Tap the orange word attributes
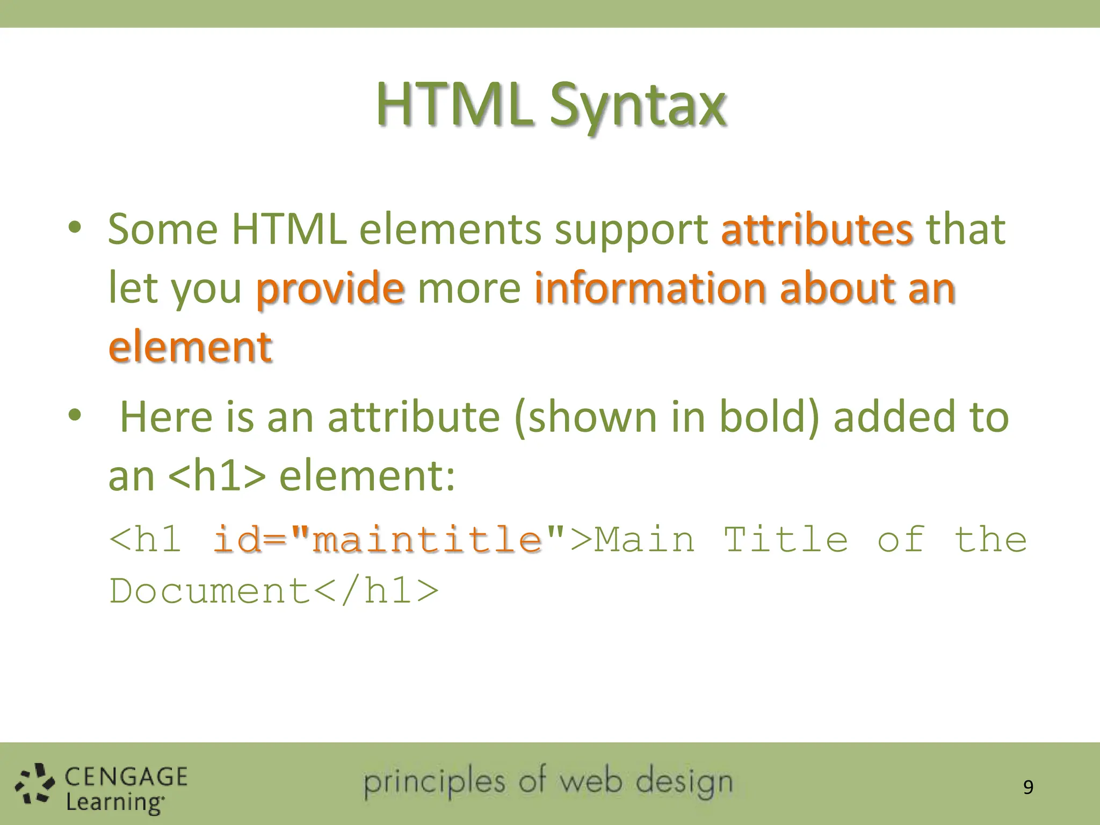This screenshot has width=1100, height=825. click(816, 229)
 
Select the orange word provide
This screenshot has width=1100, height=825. click(330, 288)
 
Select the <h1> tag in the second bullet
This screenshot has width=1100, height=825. click(217, 476)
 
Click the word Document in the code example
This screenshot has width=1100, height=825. click(210, 591)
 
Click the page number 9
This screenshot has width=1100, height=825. click(1027, 787)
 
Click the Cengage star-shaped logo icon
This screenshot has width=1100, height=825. click(35, 785)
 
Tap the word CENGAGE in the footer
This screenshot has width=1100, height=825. click(126, 777)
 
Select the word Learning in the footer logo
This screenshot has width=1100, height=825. click(114, 802)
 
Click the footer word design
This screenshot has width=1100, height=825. click(684, 782)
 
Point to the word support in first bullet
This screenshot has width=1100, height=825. click(631, 229)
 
